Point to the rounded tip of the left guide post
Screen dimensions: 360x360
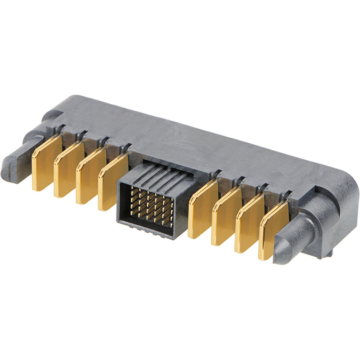7,169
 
